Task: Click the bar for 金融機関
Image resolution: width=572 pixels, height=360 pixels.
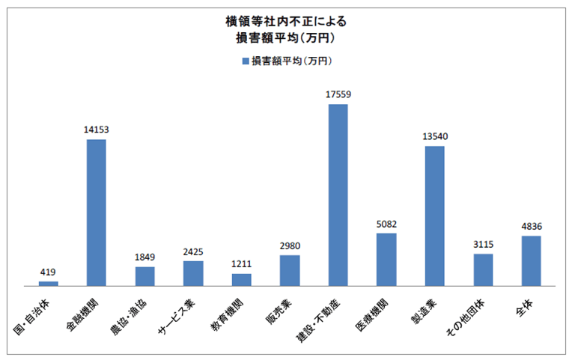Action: [96, 213]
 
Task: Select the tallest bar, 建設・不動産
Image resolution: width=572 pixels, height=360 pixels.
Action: [338, 195]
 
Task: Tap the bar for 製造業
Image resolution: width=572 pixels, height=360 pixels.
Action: [434, 216]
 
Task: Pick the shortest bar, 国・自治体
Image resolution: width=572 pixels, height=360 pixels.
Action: [48, 283]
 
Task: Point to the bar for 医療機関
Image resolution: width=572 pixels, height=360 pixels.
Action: [386, 259]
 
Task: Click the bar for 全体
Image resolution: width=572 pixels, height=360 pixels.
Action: [531, 260]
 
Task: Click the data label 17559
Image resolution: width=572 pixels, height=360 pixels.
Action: [338, 94]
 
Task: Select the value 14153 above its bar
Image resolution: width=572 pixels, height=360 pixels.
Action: [96, 129]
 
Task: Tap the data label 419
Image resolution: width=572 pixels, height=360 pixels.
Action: [48, 272]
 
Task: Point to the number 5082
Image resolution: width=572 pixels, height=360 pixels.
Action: [386, 224]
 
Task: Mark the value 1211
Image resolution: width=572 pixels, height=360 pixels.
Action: [241, 264]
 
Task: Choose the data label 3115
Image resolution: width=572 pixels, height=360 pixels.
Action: [483, 244]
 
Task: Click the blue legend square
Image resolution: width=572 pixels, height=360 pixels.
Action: [245, 61]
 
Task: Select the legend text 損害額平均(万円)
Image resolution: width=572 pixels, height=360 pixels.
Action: [292, 61]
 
